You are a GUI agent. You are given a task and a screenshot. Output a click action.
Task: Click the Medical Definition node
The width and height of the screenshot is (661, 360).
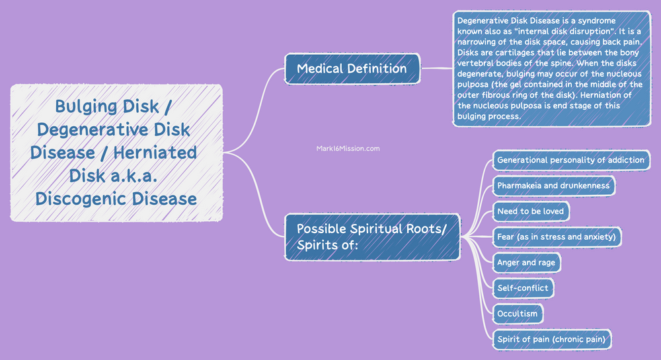click(x=352, y=68)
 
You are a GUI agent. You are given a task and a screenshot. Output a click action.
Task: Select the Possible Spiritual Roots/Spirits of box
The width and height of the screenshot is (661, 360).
click(x=371, y=236)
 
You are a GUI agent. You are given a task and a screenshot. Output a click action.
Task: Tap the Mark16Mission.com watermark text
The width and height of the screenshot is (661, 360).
click(x=348, y=149)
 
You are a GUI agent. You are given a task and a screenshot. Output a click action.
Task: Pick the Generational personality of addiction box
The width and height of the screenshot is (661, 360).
click(x=570, y=160)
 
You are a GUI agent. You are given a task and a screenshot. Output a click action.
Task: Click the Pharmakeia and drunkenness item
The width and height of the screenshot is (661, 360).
click(x=553, y=186)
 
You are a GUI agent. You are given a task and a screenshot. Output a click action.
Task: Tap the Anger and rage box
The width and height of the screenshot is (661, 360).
click(x=526, y=262)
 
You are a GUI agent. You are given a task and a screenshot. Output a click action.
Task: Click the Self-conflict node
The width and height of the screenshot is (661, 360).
click(x=522, y=288)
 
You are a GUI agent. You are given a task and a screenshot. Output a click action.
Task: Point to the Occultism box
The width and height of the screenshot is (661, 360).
click(x=518, y=313)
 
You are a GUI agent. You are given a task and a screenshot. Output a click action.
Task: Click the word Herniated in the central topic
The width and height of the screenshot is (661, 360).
click(x=155, y=153)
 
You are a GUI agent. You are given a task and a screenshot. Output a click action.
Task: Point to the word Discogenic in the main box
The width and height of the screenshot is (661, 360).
click(x=79, y=198)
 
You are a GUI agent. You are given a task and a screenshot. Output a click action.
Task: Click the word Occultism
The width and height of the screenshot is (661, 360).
click(x=518, y=313)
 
